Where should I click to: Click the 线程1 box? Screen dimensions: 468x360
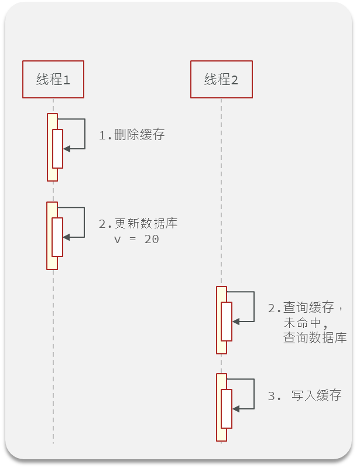tap(53, 79)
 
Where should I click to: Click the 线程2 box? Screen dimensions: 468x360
tap(221, 79)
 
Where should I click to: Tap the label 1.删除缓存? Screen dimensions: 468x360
tap(132, 135)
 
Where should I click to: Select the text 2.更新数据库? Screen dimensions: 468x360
tap(138, 224)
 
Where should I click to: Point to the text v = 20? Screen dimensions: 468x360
tap(136, 240)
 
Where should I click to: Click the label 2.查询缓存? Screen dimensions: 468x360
tap(304, 308)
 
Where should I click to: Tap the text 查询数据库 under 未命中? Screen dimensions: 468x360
tap(315, 338)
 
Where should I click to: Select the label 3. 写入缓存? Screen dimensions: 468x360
tap(304, 395)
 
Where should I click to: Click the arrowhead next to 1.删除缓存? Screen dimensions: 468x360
tap(67, 149)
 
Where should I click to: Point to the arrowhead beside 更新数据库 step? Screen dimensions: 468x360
tap(66, 237)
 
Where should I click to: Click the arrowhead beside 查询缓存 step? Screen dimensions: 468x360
tap(235, 321)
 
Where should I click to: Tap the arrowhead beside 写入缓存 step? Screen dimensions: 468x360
tap(235, 408)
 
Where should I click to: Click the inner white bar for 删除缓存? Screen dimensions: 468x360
tap(57, 148)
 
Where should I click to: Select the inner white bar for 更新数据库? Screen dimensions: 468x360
tap(57, 237)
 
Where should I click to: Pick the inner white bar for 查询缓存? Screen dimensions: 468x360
tap(227, 321)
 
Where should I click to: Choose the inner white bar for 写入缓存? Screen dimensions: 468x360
tap(227, 408)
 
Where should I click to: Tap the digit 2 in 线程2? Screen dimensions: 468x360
tap(235, 80)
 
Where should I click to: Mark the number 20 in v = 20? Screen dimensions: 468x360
tap(151, 240)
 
